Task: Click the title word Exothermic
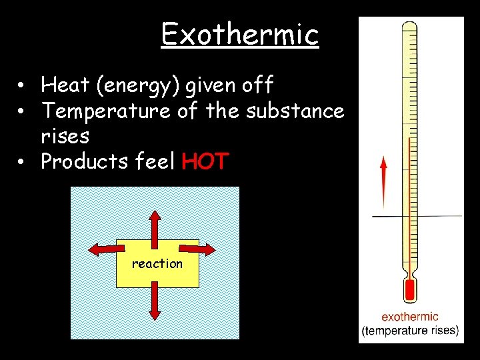tap(240, 34)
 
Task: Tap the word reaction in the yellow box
tap(157, 263)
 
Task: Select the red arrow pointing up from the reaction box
tap(155, 224)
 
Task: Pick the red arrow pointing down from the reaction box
tap(155, 301)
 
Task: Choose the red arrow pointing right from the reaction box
tap(197, 249)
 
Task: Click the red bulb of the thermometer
tap(409, 291)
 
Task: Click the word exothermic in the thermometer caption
tap(410, 317)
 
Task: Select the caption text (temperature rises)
tap(410, 330)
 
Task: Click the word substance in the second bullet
tap(295, 111)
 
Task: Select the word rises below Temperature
tap(65, 136)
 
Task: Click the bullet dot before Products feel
tap(22, 162)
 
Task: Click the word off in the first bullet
tap(258, 85)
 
